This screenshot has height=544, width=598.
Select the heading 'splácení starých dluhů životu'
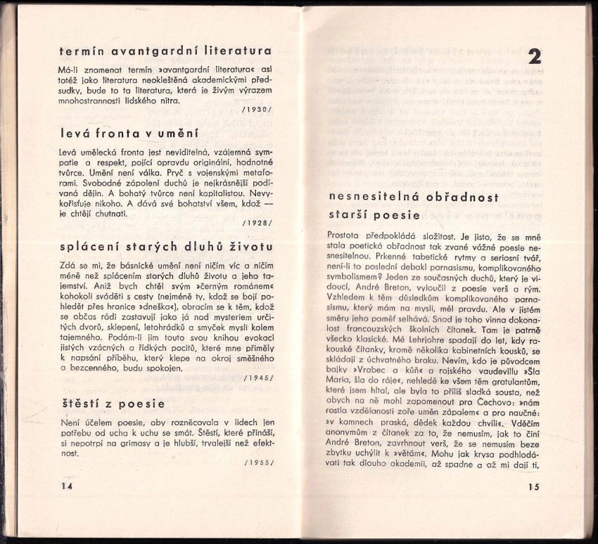click(x=166, y=247)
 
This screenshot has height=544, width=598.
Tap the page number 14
click(x=67, y=486)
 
